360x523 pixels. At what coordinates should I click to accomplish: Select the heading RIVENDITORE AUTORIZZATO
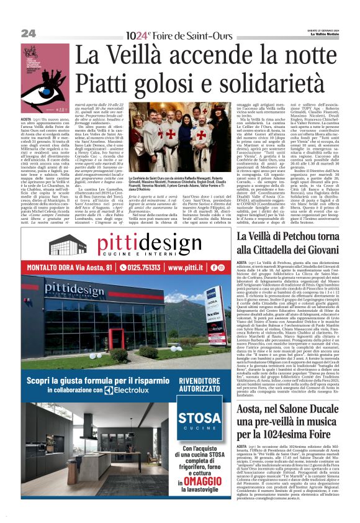(200, 386)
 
